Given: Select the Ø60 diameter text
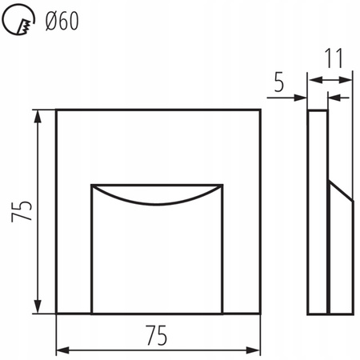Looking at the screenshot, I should pyautogui.click(x=60, y=22).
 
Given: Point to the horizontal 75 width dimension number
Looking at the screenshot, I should pyautogui.click(x=157, y=336).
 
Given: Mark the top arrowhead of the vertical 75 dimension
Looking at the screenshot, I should pyautogui.click(x=38, y=115).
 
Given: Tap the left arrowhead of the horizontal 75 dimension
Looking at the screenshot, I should pyautogui.click(x=62, y=350).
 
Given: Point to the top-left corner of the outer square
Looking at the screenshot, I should pyautogui.click(x=56, y=109).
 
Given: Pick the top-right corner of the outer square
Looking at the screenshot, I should pyautogui.click(x=262, y=109).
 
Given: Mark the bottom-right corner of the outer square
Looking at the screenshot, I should pyautogui.click(x=262, y=314).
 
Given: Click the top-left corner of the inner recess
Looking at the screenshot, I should pyautogui.click(x=91, y=185).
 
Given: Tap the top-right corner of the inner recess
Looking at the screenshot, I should pyautogui.click(x=222, y=185).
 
